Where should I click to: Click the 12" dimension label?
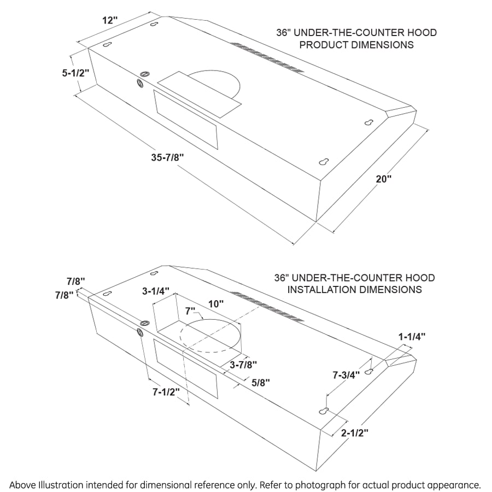[x=109, y=20]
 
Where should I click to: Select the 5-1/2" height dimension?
[x=75, y=72]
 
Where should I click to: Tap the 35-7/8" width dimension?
[x=167, y=157]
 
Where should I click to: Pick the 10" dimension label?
[x=216, y=303]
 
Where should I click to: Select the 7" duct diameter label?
[x=190, y=311]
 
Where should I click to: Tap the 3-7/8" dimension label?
[x=243, y=364]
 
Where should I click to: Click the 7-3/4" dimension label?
[x=346, y=375]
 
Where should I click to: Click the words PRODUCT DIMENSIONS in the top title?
[x=356, y=45]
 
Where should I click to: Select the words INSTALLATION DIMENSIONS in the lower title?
[x=355, y=289]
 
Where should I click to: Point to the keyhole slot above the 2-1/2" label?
[x=324, y=411]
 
